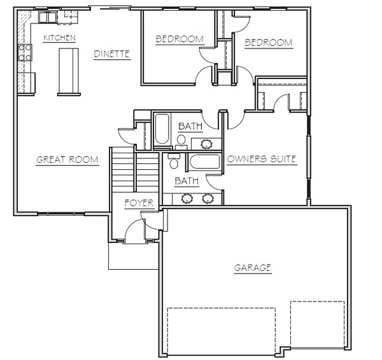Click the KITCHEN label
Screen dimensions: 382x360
pos(59,38)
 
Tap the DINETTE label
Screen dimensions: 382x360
pos(112,54)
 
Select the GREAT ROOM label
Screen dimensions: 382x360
pos(67,160)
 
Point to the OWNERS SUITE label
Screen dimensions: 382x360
pos(262,159)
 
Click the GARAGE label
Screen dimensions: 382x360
pos(253,268)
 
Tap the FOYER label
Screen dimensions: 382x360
pos(139,203)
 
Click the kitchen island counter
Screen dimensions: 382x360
pos(69,72)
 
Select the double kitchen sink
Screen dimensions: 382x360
pos(48,17)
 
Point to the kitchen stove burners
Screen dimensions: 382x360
pos(25,52)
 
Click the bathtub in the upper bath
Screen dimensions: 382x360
pos(162,129)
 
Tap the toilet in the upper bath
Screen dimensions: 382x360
pos(181,142)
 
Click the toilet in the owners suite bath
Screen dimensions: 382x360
pos(174,161)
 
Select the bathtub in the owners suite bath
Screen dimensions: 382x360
pos(204,162)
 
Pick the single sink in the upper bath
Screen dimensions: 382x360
pos(206,144)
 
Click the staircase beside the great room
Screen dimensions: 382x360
pos(135,169)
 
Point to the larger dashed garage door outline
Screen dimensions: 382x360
pos(221,331)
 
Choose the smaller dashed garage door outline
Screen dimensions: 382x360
pos(317,324)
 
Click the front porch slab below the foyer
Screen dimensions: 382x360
pos(134,256)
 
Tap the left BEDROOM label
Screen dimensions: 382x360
pos(180,39)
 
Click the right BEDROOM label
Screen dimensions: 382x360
pos(269,43)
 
